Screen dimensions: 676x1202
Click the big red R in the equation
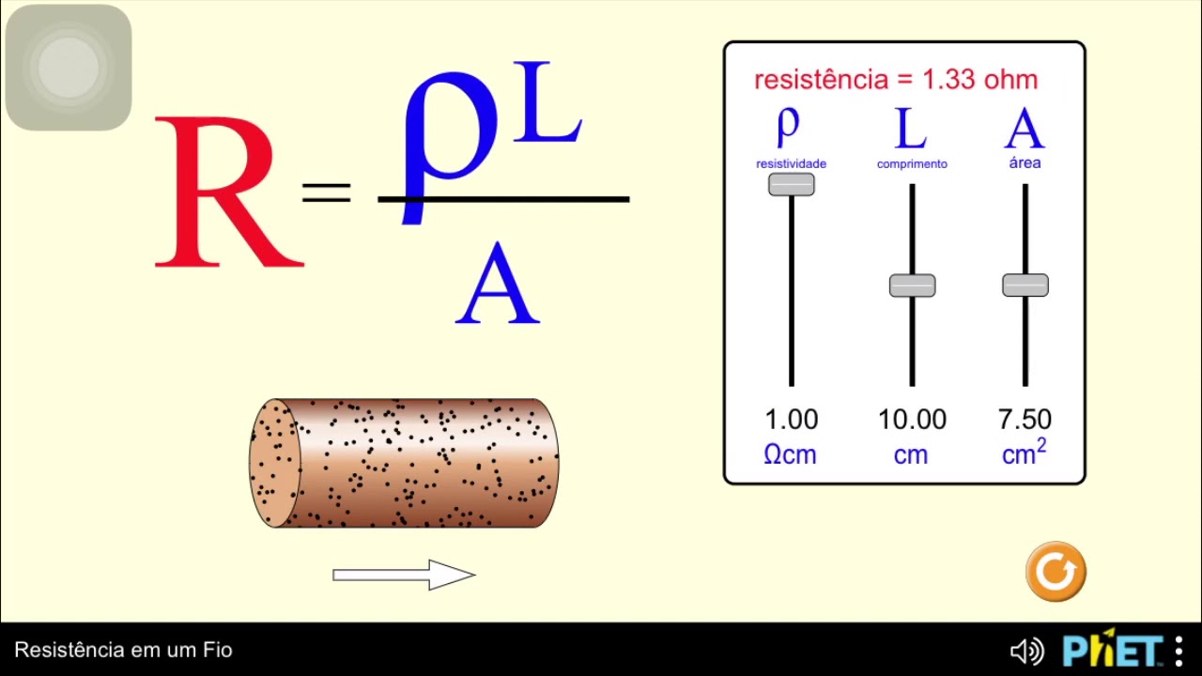pos(225,192)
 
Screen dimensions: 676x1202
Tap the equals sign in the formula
pos(326,192)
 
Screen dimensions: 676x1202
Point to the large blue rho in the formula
pos(449,136)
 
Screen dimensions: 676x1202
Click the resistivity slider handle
pos(792,185)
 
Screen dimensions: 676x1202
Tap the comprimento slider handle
pos(912,285)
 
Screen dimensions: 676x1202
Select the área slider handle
pos(1025,285)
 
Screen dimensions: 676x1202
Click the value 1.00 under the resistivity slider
pos(791,420)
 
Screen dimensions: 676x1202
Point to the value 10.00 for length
pos(912,420)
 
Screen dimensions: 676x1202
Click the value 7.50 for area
pos(1025,420)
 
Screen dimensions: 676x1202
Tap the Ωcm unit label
pos(790,455)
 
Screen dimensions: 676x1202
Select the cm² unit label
pos(1024,453)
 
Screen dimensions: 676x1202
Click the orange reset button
pos(1056,571)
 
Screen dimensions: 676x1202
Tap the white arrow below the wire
pos(404,575)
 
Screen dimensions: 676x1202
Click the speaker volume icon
pos(1025,651)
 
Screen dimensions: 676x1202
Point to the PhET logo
pos(1113,649)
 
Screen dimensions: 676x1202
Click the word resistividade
pos(791,164)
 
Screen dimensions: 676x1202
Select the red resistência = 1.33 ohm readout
pos(896,80)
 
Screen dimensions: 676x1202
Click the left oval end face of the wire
pos(274,463)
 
